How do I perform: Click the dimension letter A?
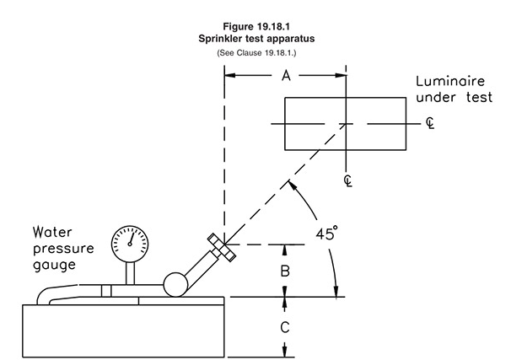point(286,77)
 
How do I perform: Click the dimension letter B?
point(285,270)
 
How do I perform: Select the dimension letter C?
point(285,325)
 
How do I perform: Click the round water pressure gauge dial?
point(131,236)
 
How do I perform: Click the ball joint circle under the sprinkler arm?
point(178,283)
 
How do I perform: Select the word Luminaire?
point(449,82)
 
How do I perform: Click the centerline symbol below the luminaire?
point(347,180)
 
